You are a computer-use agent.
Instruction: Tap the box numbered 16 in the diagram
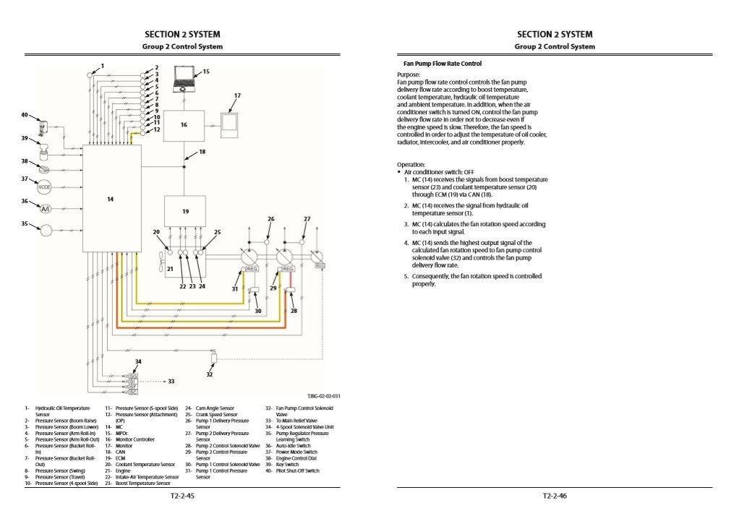(184, 125)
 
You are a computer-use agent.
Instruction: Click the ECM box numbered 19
(185, 212)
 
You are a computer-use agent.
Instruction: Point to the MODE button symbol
(45, 186)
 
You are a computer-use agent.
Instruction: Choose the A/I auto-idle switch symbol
(45, 208)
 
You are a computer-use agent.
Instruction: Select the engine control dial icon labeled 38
(45, 167)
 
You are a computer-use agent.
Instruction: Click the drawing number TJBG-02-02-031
(323, 395)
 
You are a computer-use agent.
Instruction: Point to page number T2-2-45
(182, 497)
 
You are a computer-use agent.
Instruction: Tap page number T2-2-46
(554, 497)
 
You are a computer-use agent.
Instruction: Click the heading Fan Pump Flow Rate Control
(442, 64)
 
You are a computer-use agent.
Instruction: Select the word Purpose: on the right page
(409, 75)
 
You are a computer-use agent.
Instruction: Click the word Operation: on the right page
(411, 165)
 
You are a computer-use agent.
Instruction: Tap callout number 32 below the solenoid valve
(209, 374)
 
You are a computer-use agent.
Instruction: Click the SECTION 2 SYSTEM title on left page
(182, 34)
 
